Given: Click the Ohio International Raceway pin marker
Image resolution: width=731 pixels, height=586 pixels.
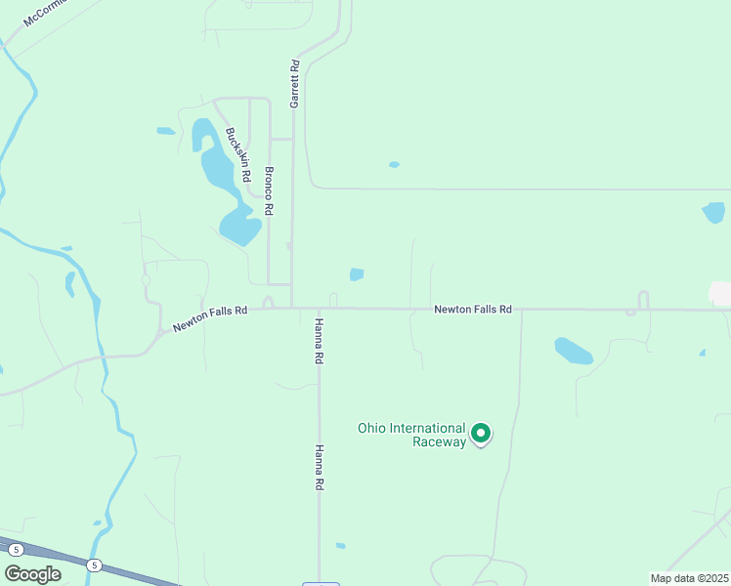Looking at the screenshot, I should point(481,433).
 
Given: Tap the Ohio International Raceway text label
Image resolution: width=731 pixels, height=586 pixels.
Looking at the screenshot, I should point(411,435).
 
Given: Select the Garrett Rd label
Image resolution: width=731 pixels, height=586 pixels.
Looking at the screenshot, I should point(293,83).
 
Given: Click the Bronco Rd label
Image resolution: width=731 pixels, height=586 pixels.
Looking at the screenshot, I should point(268,190).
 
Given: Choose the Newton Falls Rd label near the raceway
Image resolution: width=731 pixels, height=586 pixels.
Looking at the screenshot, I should point(473,309).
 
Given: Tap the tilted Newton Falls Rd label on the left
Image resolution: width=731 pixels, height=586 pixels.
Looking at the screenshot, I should point(210,318).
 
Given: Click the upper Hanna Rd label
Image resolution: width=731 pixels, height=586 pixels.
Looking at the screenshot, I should point(319,341).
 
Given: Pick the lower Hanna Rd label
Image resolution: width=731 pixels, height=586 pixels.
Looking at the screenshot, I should point(319,469).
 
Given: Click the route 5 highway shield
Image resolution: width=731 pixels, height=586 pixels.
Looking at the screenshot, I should point(94,565).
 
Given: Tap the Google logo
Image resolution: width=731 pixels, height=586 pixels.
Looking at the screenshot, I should point(33,574).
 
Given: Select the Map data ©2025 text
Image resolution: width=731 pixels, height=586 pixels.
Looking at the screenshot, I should point(689,578).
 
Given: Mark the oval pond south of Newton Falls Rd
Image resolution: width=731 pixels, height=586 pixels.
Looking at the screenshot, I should point(573,350).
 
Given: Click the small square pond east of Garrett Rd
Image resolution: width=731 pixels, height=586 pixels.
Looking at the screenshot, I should point(357,274).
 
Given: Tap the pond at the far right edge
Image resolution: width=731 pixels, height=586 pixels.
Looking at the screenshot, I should point(713,211).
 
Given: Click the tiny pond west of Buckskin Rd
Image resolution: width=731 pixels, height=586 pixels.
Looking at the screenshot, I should point(165,131).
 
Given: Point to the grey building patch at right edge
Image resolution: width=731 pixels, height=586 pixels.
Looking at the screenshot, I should point(721,293).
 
